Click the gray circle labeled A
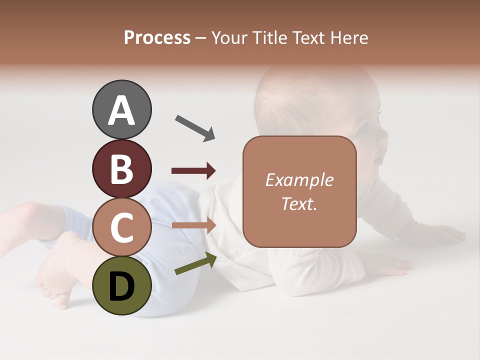pos(121,109)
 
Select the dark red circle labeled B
pos(121,168)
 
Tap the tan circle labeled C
pos(121,227)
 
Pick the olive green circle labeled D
pos(121,286)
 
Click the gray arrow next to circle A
pos(195,128)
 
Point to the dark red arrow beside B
pos(193,171)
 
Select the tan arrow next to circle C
pos(193,225)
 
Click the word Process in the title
pos(157,38)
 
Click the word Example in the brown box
pos(299,180)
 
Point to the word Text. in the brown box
pos(299,203)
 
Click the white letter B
pos(121,168)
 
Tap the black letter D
pos(121,286)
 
